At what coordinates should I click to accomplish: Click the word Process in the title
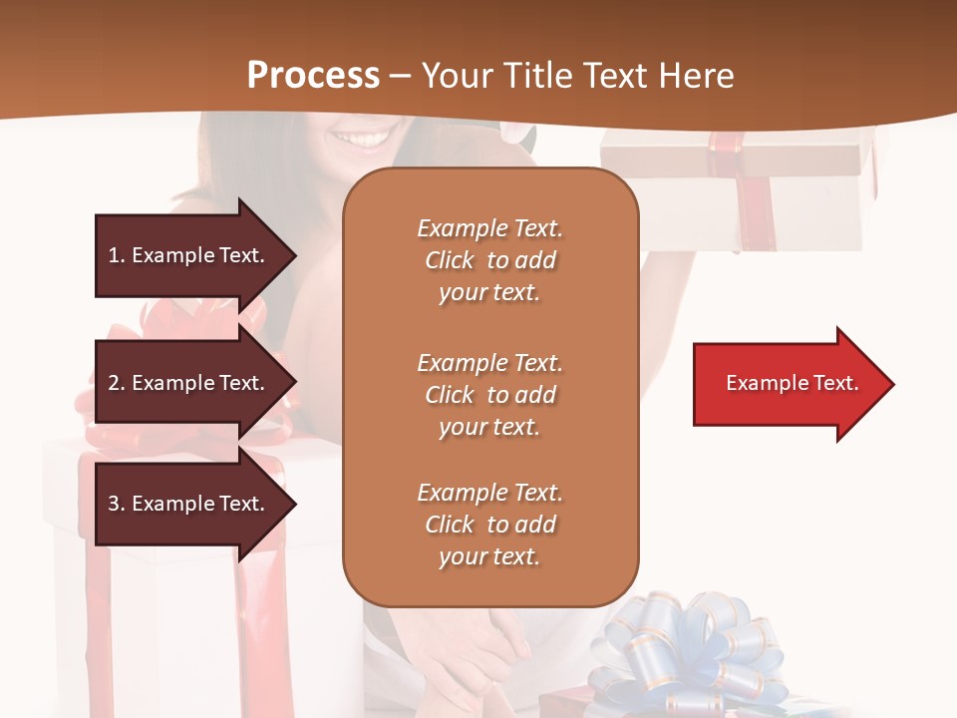click(x=313, y=76)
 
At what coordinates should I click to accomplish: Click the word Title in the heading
click(x=538, y=76)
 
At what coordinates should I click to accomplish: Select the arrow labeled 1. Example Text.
click(x=189, y=255)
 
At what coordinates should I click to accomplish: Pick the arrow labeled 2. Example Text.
click(x=189, y=383)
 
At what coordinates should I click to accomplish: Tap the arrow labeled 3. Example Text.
click(x=189, y=504)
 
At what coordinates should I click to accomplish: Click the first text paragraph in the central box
click(x=489, y=260)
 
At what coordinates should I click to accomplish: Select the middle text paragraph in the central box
click(x=489, y=395)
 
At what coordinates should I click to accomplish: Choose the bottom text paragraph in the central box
click(x=489, y=525)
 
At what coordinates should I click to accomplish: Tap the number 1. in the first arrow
click(x=117, y=255)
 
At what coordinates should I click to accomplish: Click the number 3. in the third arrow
click(x=117, y=504)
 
